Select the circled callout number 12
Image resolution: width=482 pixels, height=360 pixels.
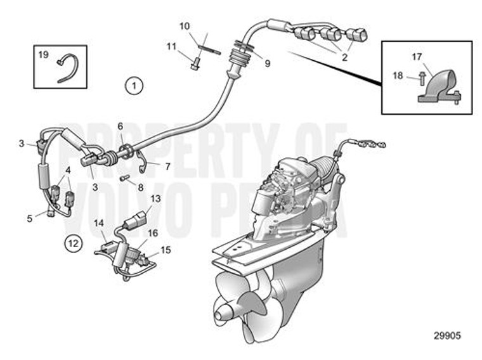[74, 242]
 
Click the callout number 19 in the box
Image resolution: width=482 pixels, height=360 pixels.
[43, 55]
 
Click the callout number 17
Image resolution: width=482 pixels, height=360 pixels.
[417, 56]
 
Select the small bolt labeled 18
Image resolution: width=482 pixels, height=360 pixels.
[421, 78]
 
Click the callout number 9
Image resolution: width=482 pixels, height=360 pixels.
[267, 63]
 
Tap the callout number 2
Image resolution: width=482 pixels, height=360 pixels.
[344, 57]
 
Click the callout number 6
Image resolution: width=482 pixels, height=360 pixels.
[120, 126]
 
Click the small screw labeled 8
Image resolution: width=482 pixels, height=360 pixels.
[124, 177]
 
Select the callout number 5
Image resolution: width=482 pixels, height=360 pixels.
[29, 219]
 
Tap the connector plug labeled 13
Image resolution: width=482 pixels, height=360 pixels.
[134, 223]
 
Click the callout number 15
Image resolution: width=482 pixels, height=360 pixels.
[166, 250]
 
